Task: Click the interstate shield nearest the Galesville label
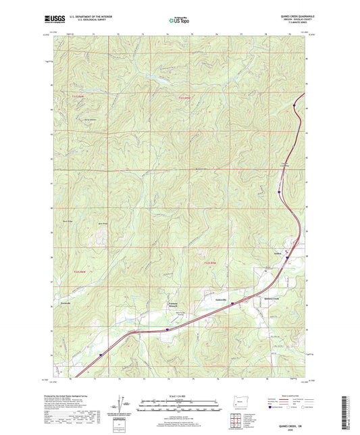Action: [x=232, y=304]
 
